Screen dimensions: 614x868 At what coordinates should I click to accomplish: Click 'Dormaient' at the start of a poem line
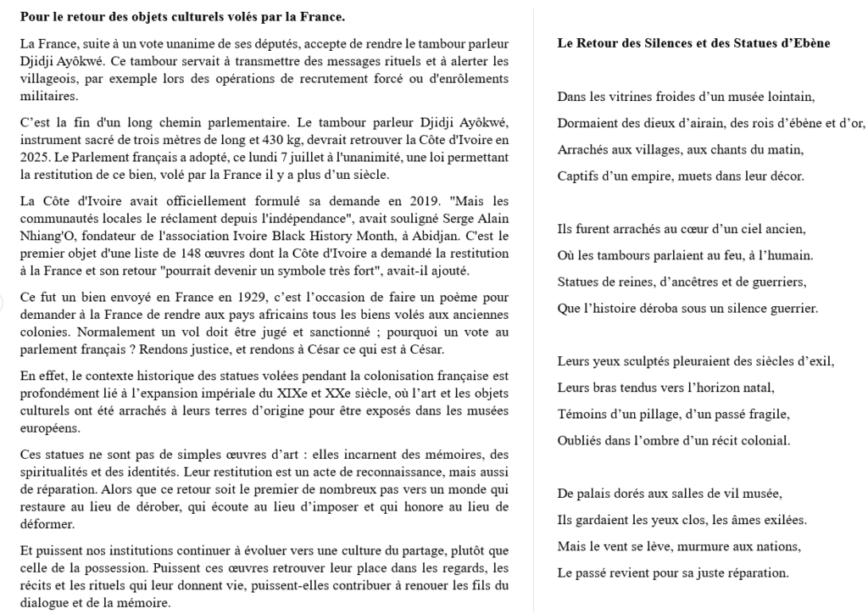click(586, 124)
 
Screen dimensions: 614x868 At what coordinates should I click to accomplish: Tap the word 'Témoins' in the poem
click(581, 415)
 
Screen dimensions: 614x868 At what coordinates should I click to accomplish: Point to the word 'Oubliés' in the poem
click(579, 442)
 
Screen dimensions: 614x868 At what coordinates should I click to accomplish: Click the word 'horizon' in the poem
click(717, 388)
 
